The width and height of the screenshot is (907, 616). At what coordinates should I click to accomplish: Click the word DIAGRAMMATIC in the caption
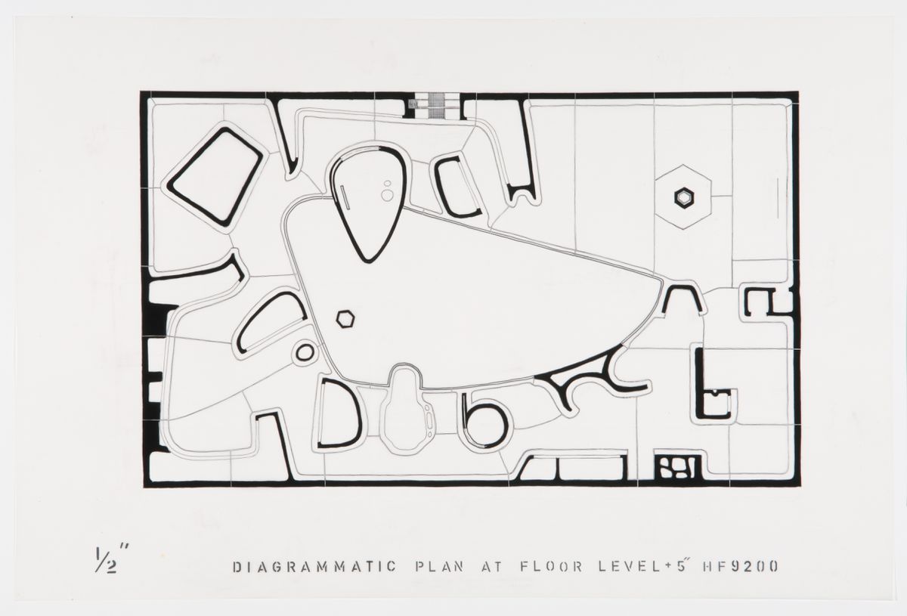pos(315,567)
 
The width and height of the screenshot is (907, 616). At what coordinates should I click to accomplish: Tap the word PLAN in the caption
pos(439,567)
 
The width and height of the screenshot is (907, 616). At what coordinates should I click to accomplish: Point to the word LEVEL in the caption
pos(630,567)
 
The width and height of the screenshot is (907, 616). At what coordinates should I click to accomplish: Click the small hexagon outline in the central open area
pos(346,320)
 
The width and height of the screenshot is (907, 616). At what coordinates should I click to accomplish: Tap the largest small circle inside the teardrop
pos(387,196)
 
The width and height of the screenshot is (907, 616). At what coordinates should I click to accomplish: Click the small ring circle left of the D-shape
pos(305,352)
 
